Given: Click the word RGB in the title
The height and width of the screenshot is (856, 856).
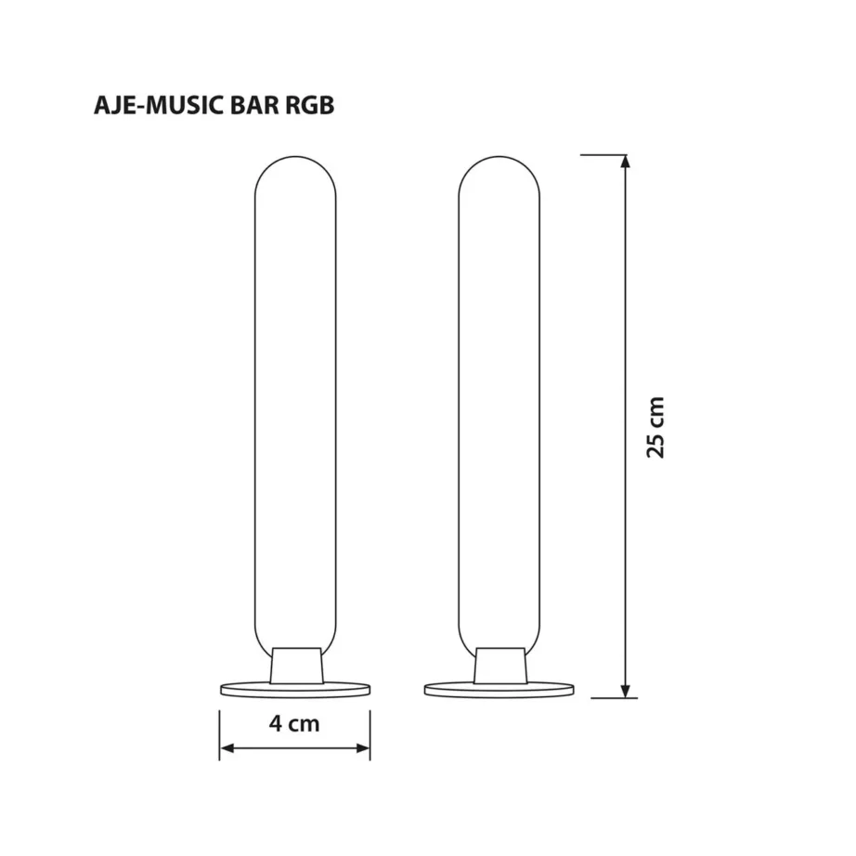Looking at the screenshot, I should (x=305, y=105).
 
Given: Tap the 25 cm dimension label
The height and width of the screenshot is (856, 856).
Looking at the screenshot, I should (x=656, y=427).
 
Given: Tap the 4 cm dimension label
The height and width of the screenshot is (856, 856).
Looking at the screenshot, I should (x=295, y=723).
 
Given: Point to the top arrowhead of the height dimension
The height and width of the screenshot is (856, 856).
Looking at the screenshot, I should (x=626, y=163).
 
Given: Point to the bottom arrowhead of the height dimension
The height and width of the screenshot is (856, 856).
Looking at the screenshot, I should (x=626, y=689).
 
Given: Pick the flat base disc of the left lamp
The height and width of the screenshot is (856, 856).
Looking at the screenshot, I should (x=295, y=689).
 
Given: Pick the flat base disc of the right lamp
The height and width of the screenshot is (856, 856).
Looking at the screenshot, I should (x=499, y=689).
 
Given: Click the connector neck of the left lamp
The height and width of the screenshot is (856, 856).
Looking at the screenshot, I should (x=296, y=666).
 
